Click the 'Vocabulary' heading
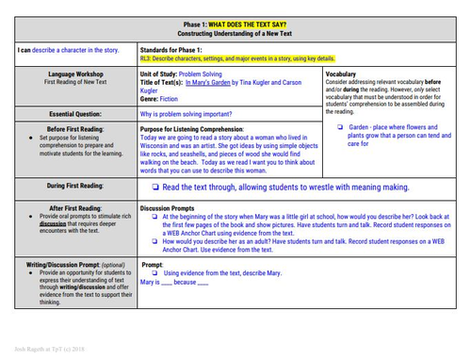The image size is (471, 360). (x=340, y=73)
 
